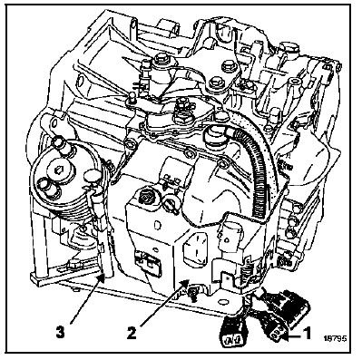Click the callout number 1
[307, 335]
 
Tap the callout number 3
[60, 333]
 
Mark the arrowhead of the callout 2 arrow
[185, 283]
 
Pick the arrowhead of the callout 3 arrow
[102, 277]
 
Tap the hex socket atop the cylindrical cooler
[55, 171]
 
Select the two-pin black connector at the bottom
[232, 329]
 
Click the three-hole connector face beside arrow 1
[277, 335]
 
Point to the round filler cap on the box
[146, 198]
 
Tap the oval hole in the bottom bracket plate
[224, 302]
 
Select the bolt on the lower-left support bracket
[73, 265]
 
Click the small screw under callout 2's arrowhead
[192, 293]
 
